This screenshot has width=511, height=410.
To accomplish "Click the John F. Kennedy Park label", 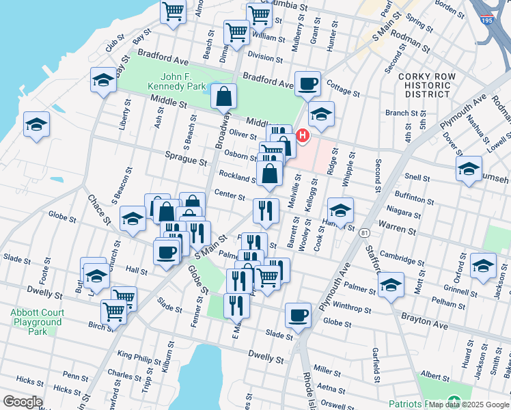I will coord(177,82).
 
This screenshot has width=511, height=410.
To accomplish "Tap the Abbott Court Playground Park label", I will coord(37,322).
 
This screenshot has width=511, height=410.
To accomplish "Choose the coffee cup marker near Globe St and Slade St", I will coord(298,315).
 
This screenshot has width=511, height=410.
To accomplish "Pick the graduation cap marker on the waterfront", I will coord(36,124).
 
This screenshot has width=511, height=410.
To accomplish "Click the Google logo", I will coord(23,401).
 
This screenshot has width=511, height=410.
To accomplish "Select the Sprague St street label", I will coord(186,163).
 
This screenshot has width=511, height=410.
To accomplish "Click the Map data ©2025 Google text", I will coord(469,405).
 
